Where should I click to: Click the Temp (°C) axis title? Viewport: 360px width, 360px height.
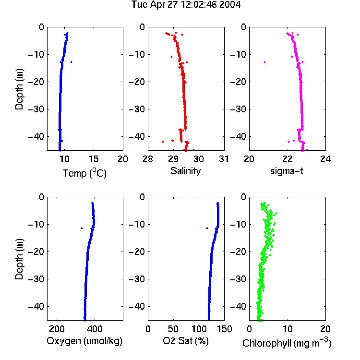click(84, 173)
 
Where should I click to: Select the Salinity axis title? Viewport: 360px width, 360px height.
click(185, 171)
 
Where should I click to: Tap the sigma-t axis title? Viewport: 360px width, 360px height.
click(287, 171)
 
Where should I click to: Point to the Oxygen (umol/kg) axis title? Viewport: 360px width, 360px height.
click(84, 341)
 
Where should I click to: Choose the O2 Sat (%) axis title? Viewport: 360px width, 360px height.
click(186, 341)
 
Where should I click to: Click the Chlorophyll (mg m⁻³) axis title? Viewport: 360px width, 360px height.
click(287, 343)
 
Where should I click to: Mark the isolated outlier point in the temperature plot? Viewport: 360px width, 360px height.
click(72, 62)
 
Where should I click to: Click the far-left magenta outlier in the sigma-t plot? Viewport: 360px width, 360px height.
click(264, 62)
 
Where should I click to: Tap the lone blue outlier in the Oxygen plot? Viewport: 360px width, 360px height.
click(82, 228)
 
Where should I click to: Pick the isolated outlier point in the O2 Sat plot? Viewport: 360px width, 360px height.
click(207, 228)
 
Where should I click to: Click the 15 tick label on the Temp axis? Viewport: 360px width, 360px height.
click(94, 159)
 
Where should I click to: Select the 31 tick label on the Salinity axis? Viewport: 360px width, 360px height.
click(224, 159)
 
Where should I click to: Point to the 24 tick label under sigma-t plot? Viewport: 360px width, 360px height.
click(325, 159)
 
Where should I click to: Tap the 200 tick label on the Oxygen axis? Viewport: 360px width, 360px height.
click(57, 329)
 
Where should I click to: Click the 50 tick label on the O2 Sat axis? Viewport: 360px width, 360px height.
click(173, 329)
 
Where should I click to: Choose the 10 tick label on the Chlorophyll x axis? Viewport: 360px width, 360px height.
click(288, 329)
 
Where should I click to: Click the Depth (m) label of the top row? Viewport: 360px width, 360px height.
click(19, 89)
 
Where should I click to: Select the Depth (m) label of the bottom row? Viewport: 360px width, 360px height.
click(19, 259)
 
